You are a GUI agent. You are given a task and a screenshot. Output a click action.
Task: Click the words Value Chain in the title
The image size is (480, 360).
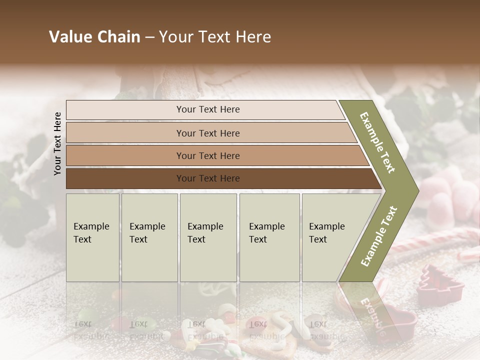click(x=94, y=37)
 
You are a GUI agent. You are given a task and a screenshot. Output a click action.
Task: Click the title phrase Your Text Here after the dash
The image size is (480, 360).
click(x=215, y=37)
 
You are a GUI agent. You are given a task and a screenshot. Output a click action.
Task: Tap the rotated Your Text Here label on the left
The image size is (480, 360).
click(x=57, y=143)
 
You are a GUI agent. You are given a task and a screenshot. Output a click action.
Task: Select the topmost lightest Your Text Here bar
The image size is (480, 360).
click(x=208, y=109)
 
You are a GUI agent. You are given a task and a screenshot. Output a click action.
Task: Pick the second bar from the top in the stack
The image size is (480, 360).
click(x=208, y=133)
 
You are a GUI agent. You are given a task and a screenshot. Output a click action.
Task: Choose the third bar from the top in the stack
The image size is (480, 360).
click(x=208, y=155)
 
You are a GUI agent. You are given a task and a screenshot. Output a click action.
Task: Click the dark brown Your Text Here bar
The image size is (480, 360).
click(x=208, y=178)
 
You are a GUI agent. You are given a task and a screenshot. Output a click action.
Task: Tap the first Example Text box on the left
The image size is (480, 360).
click(x=92, y=237)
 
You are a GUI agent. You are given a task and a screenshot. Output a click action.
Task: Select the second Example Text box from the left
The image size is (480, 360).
click(x=149, y=237)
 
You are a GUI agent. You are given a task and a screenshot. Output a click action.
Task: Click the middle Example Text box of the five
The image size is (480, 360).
click(x=208, y=237)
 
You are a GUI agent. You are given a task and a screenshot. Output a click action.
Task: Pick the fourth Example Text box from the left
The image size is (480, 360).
click(x=269, y=237)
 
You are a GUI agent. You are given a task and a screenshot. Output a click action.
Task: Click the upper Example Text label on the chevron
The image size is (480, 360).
click(x=377, y=142)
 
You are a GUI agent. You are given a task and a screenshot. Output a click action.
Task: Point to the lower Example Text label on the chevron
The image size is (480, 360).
click(x=379, y=236)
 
